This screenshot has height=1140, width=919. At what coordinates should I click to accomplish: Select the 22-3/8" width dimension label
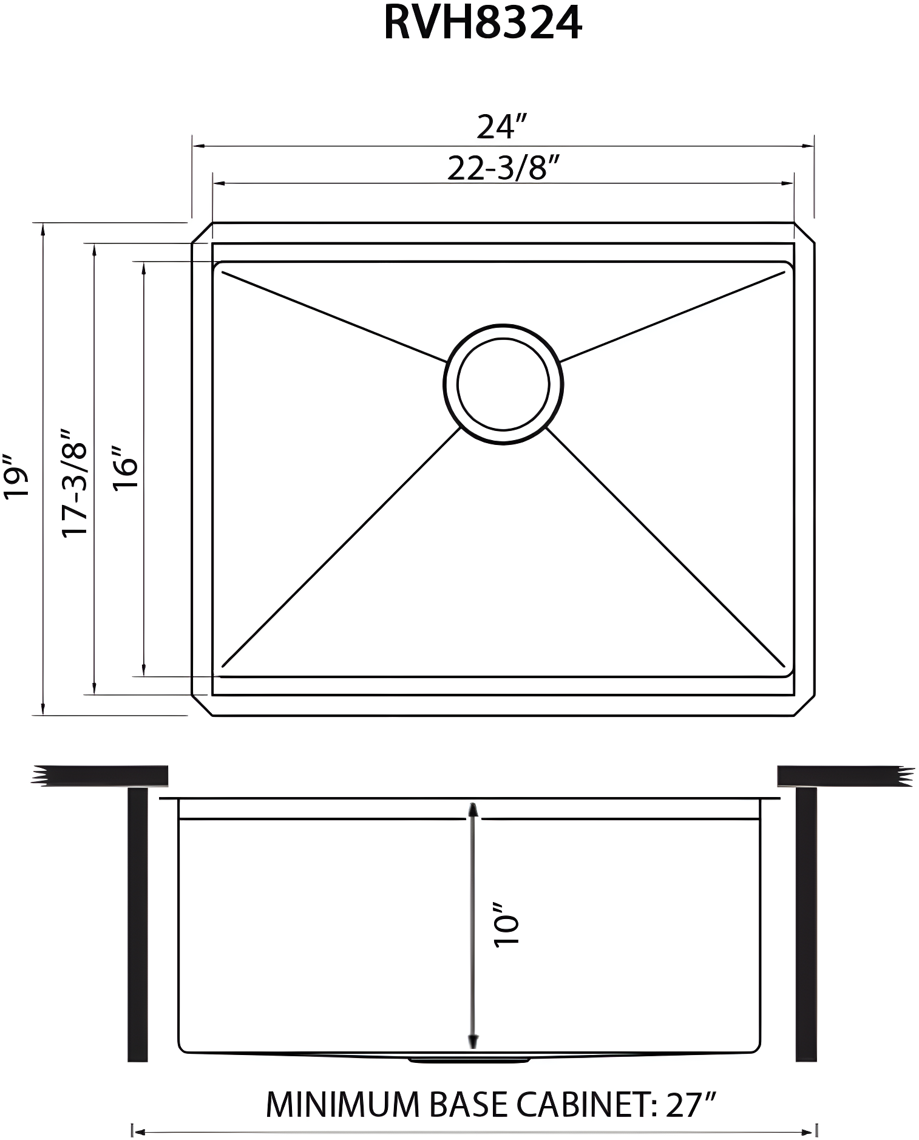click(503, 168)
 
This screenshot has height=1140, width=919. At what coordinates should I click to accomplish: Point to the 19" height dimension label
click(17, 477)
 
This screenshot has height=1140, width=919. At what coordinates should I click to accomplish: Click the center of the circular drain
click(503, 384)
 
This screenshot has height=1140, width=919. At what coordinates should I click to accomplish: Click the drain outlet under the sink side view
click(469, 1060)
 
